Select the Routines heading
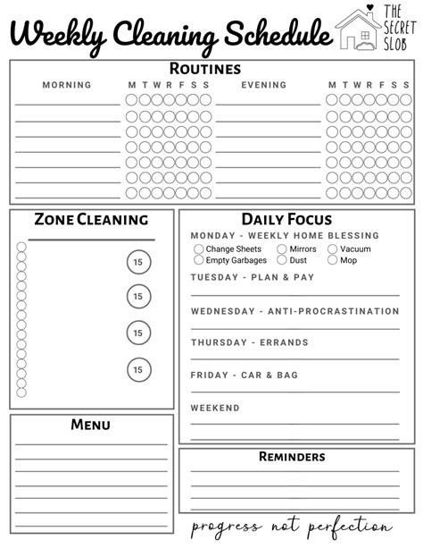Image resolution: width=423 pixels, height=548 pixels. click(x=205, y=68)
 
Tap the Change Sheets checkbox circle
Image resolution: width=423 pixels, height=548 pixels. click(x=198, y=249)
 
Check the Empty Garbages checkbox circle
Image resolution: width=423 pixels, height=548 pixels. click(x=198, y=260)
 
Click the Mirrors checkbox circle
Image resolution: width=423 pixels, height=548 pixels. click(x=282, y=249)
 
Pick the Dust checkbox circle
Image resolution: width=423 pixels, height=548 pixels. click(x=282, y=260)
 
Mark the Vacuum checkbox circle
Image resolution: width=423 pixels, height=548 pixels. click(x=332, y=249)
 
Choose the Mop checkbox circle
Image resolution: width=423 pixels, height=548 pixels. click(x=332, y=260)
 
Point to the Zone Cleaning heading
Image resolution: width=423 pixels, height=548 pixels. click(x=91, y=219)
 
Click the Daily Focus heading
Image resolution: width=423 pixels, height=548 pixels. click(x=286, y=219)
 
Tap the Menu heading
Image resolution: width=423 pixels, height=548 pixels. click(x=90, y=425)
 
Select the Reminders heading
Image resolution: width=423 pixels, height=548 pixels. click(x=292, y=457)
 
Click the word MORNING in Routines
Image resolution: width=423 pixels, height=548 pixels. click(x=67, y=86)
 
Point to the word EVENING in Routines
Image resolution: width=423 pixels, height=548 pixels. click(x=264, y=86)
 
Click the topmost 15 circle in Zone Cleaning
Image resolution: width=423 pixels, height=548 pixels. click(x=137, y=262)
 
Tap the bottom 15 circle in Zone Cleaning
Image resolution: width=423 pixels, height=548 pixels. click(x=137, y=368)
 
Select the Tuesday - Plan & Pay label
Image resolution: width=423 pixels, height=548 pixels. click(x=253, y=278)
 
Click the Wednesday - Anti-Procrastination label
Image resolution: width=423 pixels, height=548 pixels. click(x=294, y=311)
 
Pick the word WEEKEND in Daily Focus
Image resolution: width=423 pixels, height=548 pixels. click(x=215, y=408)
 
